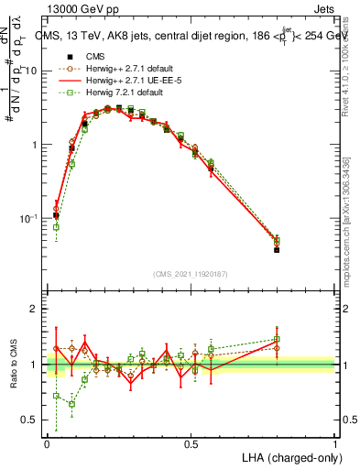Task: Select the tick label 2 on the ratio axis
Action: click(x=37, y=309)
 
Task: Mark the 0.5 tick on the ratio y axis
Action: click(x=33, y=420)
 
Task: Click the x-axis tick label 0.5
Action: click(x=191, y=443)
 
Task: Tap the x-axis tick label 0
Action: click(x=47, y=443)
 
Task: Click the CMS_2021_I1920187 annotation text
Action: click(x=191, y=274)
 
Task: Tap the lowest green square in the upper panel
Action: click(x=56, y=227)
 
